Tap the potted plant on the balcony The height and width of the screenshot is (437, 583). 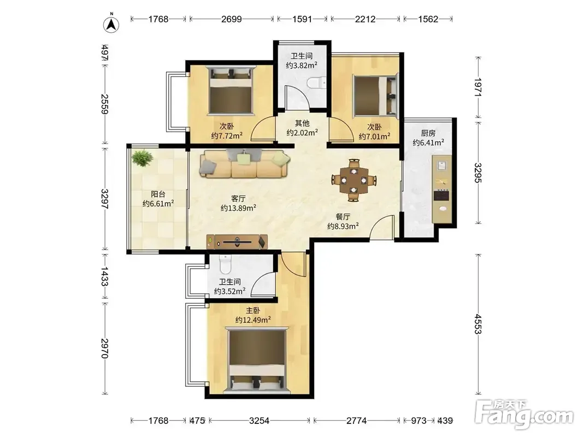pyautogui.click(x=142, y=158)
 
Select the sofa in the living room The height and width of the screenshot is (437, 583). pyautogui.click(x=245, y=164)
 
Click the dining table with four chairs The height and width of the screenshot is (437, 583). pyautogui.click(x=354, y=180)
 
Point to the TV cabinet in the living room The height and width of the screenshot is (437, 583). pyautogui.click(x=237, y=242)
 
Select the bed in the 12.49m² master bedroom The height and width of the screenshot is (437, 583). pyautogui.click(x=258, y=360)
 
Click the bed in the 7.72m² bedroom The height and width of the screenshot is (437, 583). pyautogui.click(x=231, y=90)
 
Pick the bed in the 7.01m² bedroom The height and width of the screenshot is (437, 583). pyautogui.click(x=375, y=95)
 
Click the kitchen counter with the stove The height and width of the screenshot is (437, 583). pyautogui.click(x=442, y=189)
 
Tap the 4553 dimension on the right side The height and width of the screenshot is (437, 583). pyautogui.click(x=478, y=324)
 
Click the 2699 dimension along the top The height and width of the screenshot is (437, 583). pyautogui.click(x=232, y=19)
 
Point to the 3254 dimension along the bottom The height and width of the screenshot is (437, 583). pyautogui.click(x=259, y=421)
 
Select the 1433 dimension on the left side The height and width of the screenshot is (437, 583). pyautogui.click(x=104, y=276)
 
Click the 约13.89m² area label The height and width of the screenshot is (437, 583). pyautogui.click(x=238, y=208)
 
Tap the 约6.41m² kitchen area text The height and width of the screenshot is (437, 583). pyautogui.click(x=428, y=143)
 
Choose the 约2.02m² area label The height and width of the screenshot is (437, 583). pyautogui.click(x=302, y=133)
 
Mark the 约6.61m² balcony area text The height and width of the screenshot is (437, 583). pyautogui.click(x=158, y=204)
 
